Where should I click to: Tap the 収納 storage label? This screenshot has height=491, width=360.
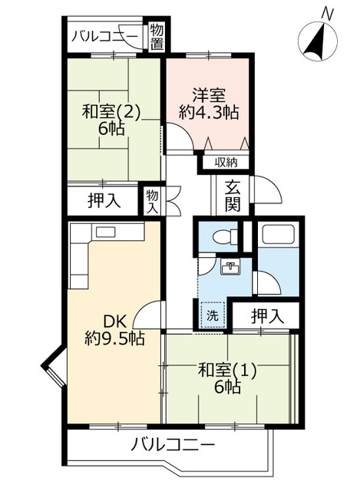(226, 162)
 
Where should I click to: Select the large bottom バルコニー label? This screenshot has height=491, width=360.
(173, 443)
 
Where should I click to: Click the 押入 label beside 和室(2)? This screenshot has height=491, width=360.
(104, 202)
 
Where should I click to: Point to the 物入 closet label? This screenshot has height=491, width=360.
(151, 202)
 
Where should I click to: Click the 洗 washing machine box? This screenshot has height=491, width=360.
(211, 315)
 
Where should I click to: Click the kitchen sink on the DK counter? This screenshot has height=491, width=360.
(104, 232)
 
